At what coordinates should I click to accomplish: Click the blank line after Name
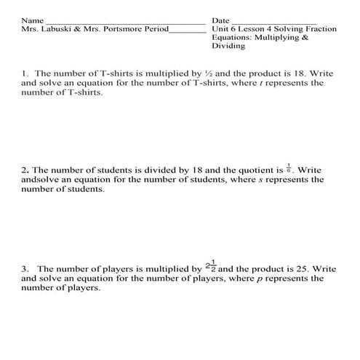click(124, 22)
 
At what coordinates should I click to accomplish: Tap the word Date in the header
click(221, 20)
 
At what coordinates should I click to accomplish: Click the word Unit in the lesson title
click(220, 29)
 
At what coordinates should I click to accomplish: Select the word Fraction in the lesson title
click(319, 29)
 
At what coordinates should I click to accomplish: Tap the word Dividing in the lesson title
click(228, 46)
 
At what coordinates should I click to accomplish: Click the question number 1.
click(24, 73)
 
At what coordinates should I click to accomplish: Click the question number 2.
click(24, 171)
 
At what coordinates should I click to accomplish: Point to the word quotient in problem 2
click(252, 171)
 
